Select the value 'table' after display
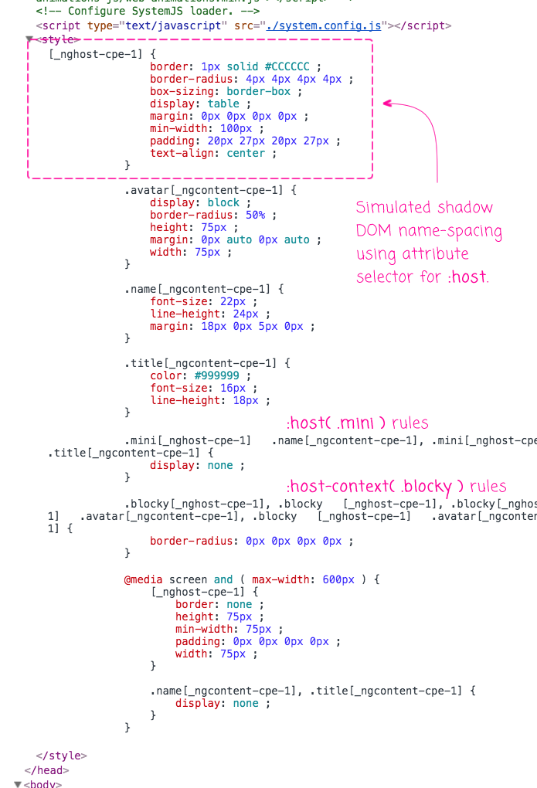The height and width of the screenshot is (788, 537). click(x=223, y=104)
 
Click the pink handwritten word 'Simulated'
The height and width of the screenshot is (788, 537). click(x=391, y=207)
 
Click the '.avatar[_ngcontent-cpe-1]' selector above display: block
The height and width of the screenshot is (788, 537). click(x=206, y=190)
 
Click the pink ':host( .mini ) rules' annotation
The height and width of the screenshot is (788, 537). click(x=357, y=423)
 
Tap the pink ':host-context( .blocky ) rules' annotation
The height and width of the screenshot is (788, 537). click(x=396, y=487)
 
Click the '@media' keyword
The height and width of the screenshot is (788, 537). click(x=144, y=579)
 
